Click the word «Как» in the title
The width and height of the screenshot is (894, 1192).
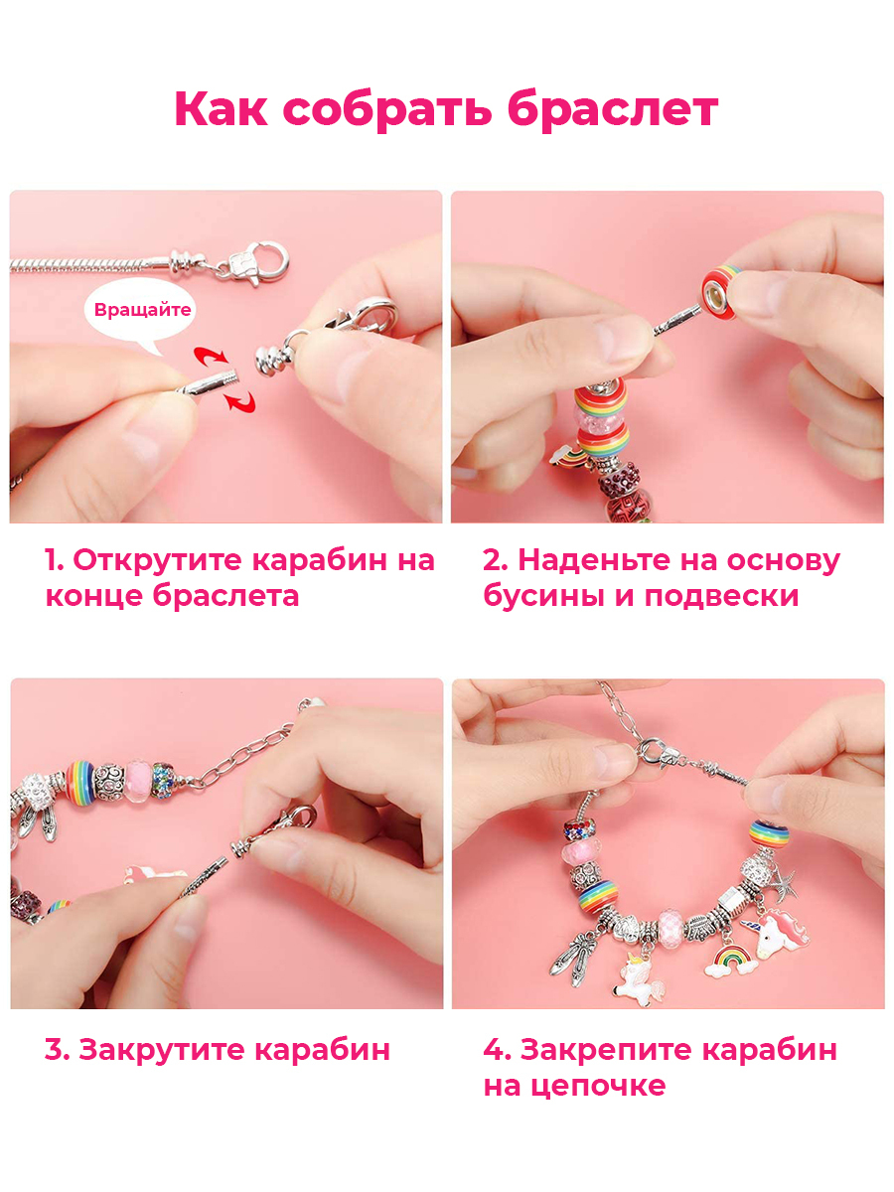point(221,109)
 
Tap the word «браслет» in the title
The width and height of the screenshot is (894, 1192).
point(613,109)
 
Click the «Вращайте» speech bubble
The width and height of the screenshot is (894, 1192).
point(142,311)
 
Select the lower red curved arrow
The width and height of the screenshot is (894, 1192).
point(240,402)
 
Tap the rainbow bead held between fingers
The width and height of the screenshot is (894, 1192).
point(722,292)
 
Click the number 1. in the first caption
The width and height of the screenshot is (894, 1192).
point(55,560)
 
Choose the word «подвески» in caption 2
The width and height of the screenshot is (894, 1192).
point(721,597)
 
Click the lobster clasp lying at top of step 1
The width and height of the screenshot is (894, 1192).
point(255,263)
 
